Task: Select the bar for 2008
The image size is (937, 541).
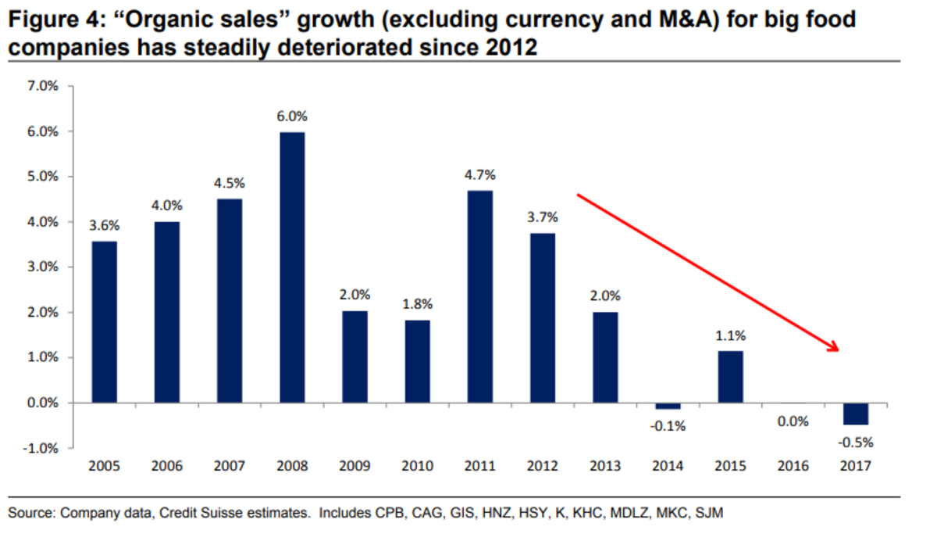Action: (x=292, y=267)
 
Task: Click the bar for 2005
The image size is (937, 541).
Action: (x=105, y=322)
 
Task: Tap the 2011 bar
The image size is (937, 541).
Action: (x=479, y=297)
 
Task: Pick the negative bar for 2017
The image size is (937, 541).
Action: (x=855, y=414)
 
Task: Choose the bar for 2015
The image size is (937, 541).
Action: (x=730, y=377)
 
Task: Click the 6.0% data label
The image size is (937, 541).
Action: (x=292, y=116)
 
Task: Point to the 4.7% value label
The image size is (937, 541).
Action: (x=479, y=175)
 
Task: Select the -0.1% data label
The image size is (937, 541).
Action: (x=668, y=426)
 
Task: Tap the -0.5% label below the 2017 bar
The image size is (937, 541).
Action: (x=855, y=442)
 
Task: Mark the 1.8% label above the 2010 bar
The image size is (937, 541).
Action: (x=417, y=304)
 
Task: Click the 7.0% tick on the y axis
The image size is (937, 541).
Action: (x=42, y=86)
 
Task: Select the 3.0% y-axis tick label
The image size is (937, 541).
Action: (x=42, y=267)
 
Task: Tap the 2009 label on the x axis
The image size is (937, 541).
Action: (x=354, y=466)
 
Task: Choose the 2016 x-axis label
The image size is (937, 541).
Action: (x=793, y=466)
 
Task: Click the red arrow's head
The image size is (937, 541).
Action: (x=834, y=348)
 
